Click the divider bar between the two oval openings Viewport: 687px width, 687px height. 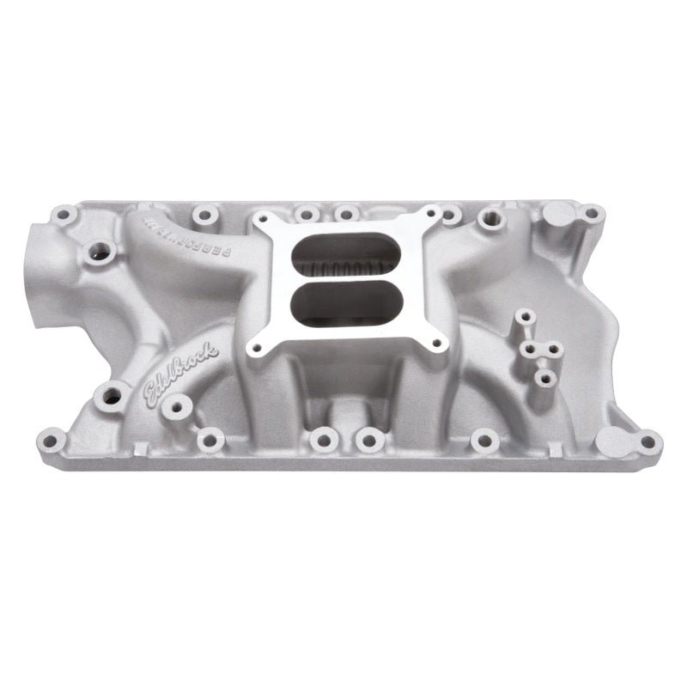[345, 280]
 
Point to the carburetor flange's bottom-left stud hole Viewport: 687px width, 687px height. [255, 348]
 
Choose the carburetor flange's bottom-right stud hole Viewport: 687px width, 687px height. [436, 342]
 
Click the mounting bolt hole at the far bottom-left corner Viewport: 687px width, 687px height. [52, 442]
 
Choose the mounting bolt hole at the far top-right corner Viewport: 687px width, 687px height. [592, 213]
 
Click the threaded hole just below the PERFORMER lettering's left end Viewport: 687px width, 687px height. [101, 252]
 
